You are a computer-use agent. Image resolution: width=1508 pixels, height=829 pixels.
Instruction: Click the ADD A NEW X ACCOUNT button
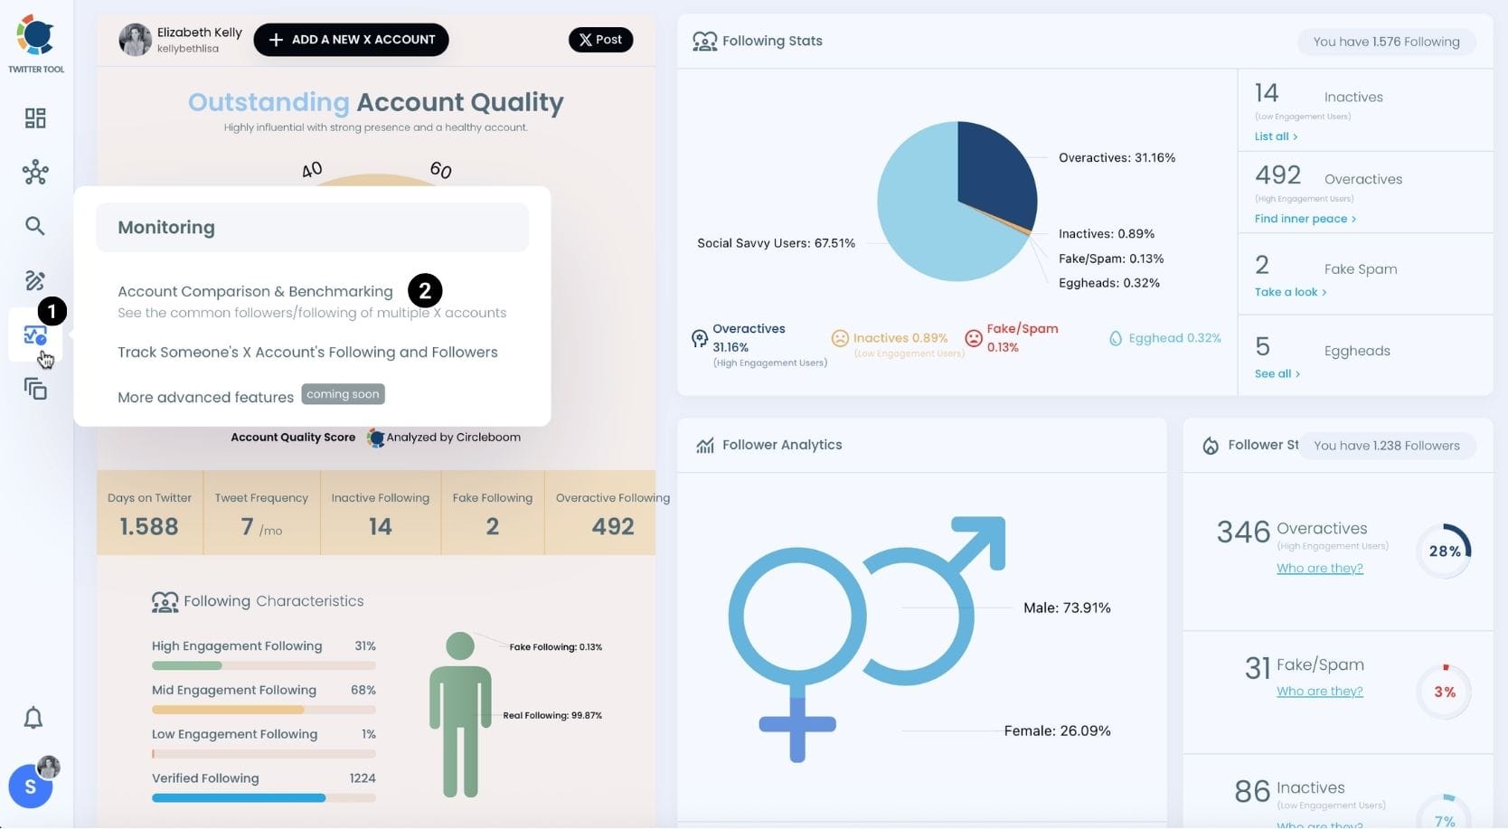(351, 40)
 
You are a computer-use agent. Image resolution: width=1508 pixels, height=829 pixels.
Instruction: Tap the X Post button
(600, 40)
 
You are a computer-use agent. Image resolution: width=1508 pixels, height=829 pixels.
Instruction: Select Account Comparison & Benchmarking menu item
(255, 291)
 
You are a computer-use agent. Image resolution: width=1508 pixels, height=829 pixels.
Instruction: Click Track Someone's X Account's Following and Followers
(307, 353)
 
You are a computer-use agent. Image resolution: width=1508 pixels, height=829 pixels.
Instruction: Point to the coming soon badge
(343, 394)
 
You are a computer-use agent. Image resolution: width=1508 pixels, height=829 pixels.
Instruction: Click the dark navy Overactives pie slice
(994, 172)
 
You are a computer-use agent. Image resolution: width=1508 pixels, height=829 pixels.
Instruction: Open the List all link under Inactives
(1275, 137)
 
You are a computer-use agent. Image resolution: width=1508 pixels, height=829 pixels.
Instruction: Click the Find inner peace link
(1304, 219)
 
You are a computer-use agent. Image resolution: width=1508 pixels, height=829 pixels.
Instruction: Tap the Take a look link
(1289, 292)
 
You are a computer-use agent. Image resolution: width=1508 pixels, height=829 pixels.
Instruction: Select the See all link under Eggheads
(1276, 374)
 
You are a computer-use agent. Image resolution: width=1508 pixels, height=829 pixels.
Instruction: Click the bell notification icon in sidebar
(33, 718)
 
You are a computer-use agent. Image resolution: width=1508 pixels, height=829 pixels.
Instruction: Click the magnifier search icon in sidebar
(35, 226)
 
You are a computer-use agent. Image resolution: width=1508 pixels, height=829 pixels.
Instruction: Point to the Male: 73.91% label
(1067, 608)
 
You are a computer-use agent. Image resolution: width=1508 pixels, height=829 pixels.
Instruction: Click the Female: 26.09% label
(1057, 730)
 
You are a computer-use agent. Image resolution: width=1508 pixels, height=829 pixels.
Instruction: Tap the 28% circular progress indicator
(1444, 551)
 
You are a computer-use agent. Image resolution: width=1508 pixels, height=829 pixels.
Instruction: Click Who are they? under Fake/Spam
(1319, 692)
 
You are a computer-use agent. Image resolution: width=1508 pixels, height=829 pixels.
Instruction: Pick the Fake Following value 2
(492, 526)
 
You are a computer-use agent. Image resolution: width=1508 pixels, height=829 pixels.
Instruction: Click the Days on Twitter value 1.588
(149, 526)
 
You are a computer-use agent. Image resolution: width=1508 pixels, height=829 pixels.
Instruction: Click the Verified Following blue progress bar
(239, 798)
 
